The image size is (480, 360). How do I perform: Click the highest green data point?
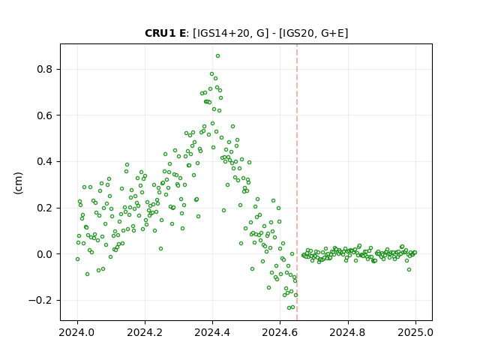[217, 56]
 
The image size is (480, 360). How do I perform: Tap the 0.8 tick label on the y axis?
[44, 70]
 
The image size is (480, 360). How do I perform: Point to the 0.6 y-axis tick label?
[44, 115]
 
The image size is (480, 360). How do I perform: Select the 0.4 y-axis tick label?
[44, 162]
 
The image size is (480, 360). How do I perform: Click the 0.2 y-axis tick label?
[44, 208]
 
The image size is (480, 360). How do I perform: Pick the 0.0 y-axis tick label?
[44, 254]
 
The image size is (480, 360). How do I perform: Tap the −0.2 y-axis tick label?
[40, 300]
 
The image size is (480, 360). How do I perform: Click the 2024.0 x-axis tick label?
[77, 332]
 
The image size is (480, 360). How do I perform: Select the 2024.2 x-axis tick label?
[145, 332]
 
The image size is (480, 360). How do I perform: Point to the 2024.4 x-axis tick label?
[212, 332]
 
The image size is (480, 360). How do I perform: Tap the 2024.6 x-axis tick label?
[280, 332]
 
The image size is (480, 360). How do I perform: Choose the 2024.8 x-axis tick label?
[347, 332]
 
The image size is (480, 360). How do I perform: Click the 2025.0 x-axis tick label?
[415, 332]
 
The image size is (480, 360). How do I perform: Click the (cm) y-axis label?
[18, 183]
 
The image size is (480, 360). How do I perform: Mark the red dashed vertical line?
[297, 182]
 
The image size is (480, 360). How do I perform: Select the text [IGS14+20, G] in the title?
[230, 33]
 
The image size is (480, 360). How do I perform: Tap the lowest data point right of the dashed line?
[409, 270]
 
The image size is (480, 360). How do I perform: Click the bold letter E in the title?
[181, 33]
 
